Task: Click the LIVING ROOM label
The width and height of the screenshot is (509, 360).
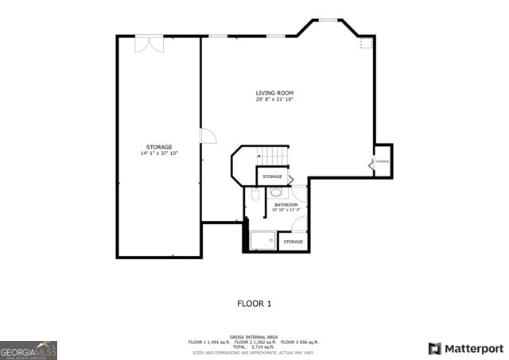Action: pyautogui.click(x=274, y=93)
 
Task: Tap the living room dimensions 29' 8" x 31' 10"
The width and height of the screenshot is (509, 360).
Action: pyautogui.click(x=274, y=99)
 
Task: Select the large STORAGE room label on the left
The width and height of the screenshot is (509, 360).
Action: pyautogui.click(x=159, y=147)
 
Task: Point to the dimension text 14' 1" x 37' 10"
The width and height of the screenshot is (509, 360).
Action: pyautogui.click(x=159, y=153)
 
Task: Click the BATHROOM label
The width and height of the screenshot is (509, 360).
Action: pyautogui.click(x=286, y=205)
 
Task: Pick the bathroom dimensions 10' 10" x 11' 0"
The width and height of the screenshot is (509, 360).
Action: pyautogui.click(x=286, y=211)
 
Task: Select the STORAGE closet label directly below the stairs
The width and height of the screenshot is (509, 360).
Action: pyautogui.click(x=273, y=176)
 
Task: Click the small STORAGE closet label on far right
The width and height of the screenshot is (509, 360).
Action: pyautogui.click(x=383, y=161)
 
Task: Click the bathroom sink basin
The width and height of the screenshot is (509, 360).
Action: pyautogui.click(x=277, y=192)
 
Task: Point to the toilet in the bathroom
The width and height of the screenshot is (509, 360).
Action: pyautogui.click(x=254, y=193)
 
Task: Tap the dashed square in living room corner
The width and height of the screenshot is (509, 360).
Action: pyautogui.click(x=366, y=43)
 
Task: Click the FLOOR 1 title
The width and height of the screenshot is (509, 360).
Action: pyautogui.click(x=254, y=304)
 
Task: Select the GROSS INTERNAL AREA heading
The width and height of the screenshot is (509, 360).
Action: pyautogui.click(x=254, y=336)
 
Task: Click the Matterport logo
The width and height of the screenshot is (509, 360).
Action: pyautogui.click(x=466, y=348)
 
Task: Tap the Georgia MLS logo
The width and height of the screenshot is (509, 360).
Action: pyautogui.click(x=29, y=350)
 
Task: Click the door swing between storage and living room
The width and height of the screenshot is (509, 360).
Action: pyautogui.click(x=208, y=137)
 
